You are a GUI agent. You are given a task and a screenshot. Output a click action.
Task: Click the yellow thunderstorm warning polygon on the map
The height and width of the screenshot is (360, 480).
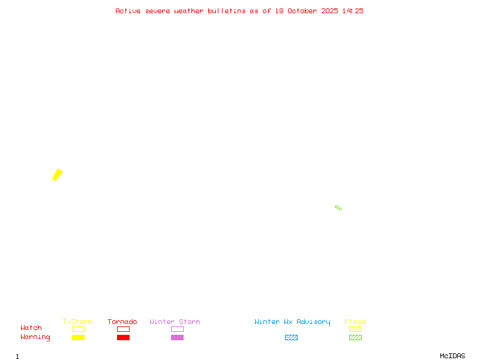(58, 175)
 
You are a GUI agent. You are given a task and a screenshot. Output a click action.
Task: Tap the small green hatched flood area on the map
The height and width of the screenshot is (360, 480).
(338, 208)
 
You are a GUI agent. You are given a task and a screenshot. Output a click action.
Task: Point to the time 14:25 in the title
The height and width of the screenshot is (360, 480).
(353, 11)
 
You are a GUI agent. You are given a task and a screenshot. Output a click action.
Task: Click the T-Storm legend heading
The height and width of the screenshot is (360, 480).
(77, 322)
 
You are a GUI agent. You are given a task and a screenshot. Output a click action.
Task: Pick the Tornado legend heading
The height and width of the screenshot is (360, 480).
(122, 322)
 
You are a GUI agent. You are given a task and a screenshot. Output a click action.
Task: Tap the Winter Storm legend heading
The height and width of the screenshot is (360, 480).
(175, 322)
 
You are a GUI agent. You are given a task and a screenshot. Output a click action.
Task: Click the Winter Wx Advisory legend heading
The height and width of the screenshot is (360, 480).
(292, 322)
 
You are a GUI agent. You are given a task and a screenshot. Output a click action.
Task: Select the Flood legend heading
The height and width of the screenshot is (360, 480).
(355, 322)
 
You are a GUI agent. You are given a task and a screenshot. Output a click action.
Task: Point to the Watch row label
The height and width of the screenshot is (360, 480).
(31, 328)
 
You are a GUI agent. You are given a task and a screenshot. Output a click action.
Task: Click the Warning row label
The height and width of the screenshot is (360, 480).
(35, 337)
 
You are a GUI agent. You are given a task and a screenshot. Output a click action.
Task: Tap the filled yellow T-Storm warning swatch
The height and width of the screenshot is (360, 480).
(78, 337)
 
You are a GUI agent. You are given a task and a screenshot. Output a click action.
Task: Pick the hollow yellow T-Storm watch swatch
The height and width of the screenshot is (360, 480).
(78, 329)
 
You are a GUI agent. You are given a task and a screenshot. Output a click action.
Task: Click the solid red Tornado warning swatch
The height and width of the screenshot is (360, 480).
(123, 337)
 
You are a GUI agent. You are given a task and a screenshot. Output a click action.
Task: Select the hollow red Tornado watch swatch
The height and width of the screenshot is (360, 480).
(123, 329)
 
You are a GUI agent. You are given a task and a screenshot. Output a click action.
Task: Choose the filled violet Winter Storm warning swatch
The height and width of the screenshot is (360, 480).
(177, 337)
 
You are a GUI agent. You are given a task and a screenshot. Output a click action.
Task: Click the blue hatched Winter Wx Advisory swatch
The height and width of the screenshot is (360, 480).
(291, 337)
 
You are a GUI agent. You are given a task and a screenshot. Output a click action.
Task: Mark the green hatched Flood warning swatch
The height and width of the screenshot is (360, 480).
(355, 337)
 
